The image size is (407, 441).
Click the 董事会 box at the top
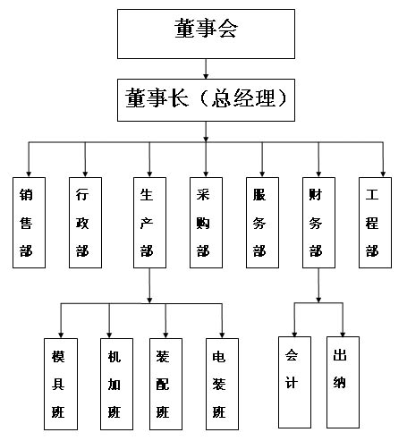(206, 34)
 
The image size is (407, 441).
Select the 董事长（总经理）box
(206, 100)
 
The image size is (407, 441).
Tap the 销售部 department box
(29, 223)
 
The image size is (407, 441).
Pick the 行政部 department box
(85, 223)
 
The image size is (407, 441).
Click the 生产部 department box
(149, 223)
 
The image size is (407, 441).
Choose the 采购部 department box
(206, 223)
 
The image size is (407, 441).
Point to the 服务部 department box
(262, 223)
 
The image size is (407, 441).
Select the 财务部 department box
(318, 223)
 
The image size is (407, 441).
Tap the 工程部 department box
(375, 223)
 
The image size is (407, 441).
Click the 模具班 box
(61, 384)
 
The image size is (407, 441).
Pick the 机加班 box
(116, 384)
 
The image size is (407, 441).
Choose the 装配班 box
(165, 384)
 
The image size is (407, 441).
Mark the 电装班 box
(222, 384)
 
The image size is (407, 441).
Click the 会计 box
(294, 382)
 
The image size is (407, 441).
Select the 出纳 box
(343, 382)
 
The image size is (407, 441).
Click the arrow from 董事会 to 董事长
(206, 69)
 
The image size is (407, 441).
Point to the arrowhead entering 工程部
(383, 174)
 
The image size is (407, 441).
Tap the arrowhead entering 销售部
(29, 174)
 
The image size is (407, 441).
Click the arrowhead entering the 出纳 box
(343, 334)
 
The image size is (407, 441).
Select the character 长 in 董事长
(178, 98)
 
